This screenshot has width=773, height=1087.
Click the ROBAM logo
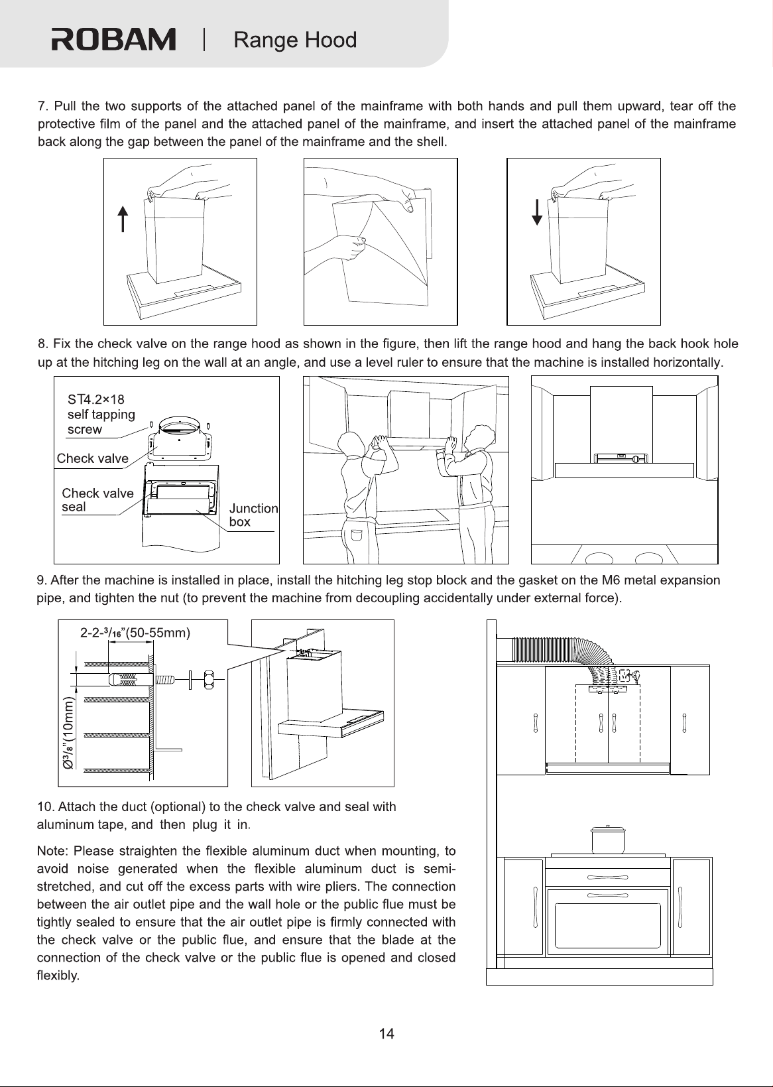coord(113,39)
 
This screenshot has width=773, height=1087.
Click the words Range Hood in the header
coord(295,40)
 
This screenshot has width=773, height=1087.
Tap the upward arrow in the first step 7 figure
coord(123,218)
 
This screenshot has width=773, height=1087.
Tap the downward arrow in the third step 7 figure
coord(537,212)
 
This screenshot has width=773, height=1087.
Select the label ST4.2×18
coord(96,399)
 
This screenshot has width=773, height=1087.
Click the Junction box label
coord(253,515)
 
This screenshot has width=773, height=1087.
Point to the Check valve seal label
coord(97,500)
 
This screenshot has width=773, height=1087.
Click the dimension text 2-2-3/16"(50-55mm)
coord(135,633)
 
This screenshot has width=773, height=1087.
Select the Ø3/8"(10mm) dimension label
coord(69,734)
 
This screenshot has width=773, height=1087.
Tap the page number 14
coord(386,1034)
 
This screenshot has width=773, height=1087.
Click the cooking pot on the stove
coord(608,840)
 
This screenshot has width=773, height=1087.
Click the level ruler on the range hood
coord(621,458)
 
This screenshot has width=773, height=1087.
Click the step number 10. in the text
coord(46,806)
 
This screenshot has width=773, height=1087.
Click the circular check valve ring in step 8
coord(180,427)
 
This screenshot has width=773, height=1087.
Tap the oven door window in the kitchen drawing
coord(608,926)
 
